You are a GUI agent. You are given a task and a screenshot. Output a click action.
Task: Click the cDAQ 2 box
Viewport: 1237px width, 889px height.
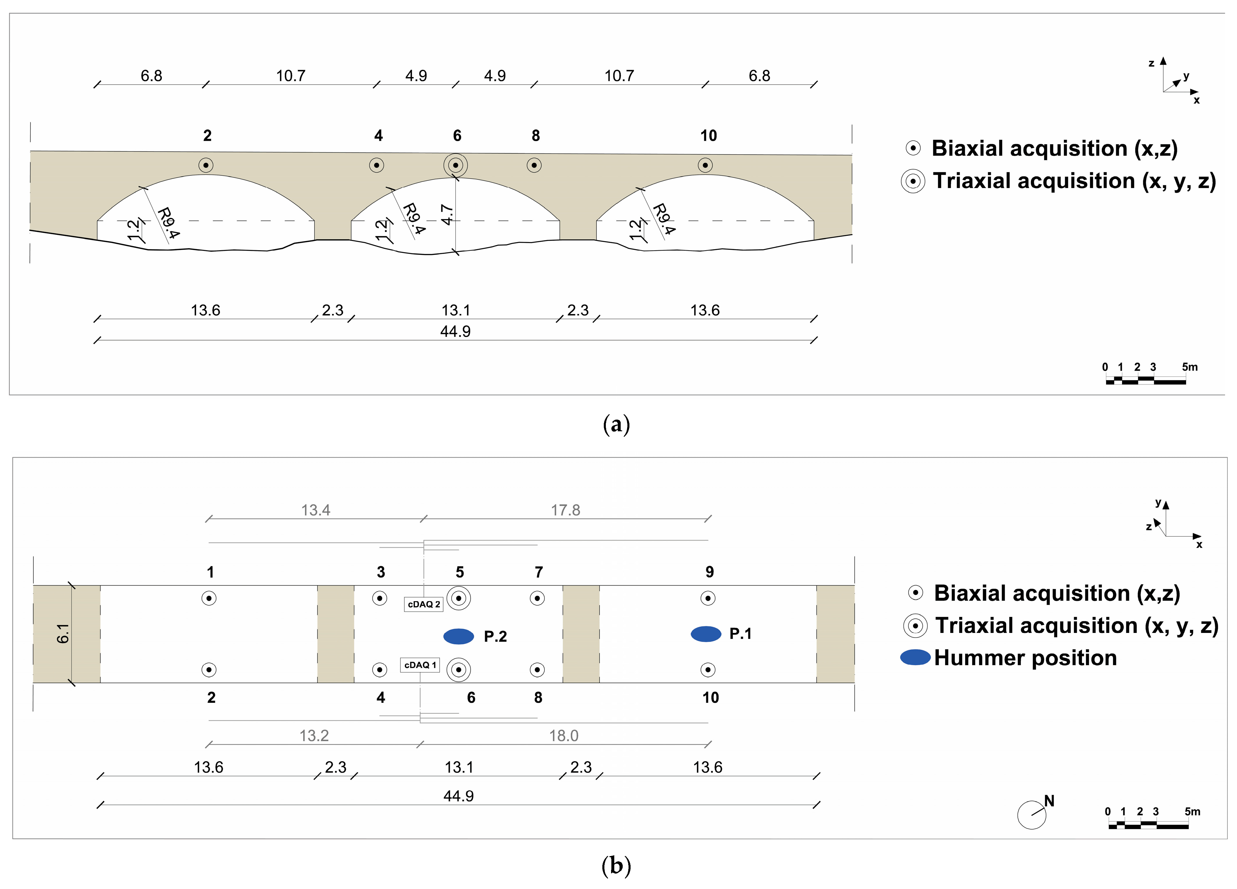coord(423,604)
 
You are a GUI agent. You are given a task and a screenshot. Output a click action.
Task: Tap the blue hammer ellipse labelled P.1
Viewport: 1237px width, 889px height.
coord(706,634)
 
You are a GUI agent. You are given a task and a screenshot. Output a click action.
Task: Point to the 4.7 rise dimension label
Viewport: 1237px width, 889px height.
coord(447,214)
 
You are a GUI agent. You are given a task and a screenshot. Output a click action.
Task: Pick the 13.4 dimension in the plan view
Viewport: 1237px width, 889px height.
coord(316,510)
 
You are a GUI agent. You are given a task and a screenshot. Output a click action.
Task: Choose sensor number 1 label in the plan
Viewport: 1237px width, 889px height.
coord(210,572)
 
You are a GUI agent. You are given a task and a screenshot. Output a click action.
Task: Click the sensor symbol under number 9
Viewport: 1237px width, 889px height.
coord(708,598)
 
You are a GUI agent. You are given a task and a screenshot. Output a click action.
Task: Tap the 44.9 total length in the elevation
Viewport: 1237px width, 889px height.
coord(455,331)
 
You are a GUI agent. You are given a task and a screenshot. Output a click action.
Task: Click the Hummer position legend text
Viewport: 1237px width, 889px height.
coord(1025,658)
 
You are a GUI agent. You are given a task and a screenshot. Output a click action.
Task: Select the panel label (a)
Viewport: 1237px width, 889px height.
coord(616,424)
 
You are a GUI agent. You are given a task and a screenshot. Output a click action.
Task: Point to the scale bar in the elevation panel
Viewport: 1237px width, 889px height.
coord(1145,380)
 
